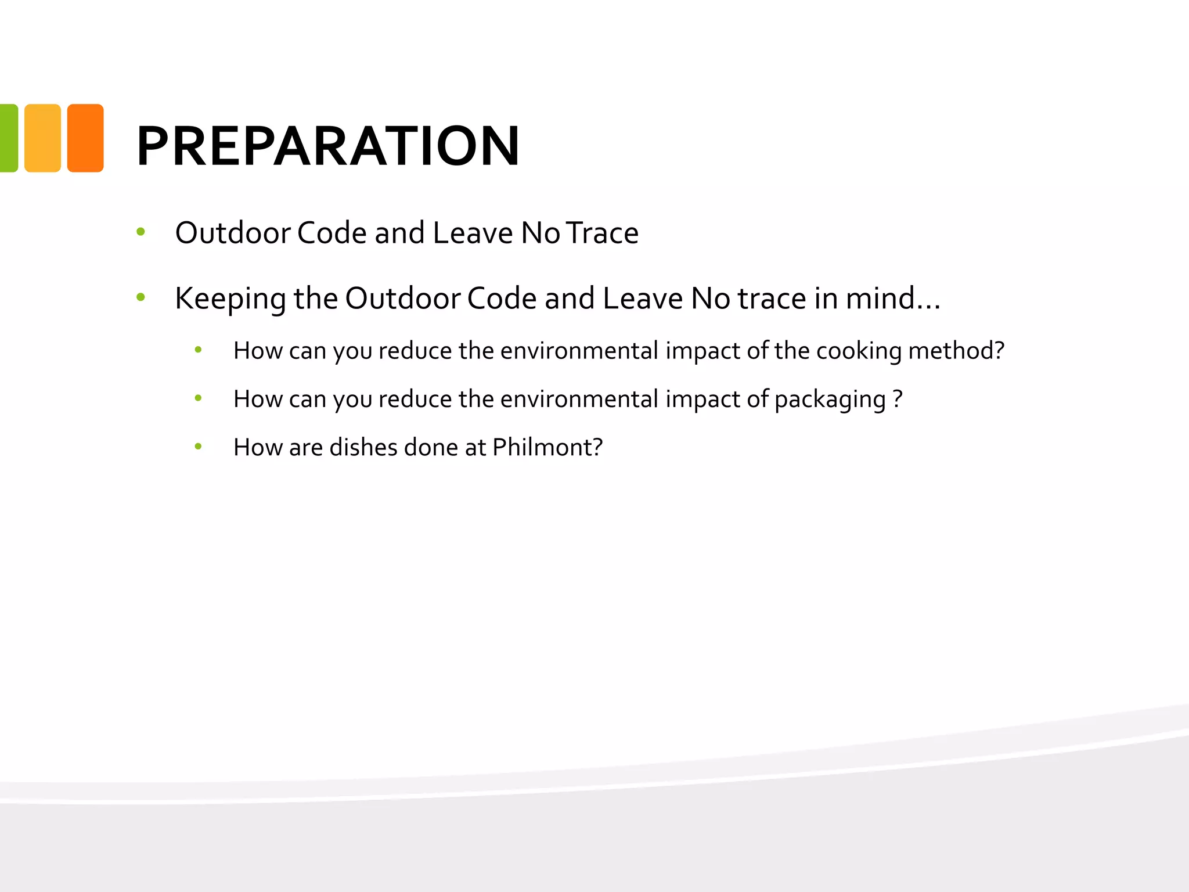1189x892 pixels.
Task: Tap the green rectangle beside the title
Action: click(x=8, y=138)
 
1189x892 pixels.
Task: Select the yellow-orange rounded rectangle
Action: click(x=42, y=138)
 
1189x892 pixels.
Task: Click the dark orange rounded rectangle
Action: click(x=85, y=138)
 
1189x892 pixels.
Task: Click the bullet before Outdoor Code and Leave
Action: click(x=140, y=232)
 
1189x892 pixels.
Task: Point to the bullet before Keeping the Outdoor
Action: click(x=140, y=298)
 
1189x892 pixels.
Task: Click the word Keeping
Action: click(x=230, y=299)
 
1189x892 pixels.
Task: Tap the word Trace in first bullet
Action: click(x=602, y=233)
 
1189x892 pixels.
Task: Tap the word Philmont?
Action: click(x=547, y=448)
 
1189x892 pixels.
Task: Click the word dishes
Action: click(x=363, y=448)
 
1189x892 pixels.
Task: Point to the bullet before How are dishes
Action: click(x=198, y=447)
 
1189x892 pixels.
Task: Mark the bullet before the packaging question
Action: click(x=198, y=398)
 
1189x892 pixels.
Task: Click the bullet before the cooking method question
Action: click(x=198, y=350)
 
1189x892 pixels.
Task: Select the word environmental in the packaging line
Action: click(x=579, y=400)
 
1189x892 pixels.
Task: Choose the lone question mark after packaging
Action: click(x=898, y=399)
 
